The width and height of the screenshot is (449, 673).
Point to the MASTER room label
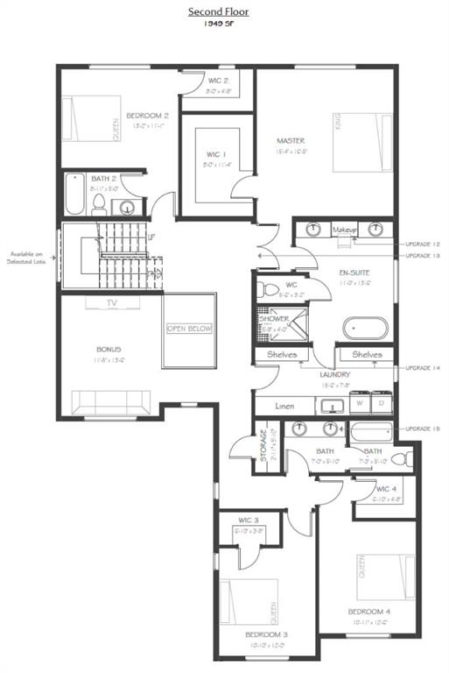[x=290, y=140]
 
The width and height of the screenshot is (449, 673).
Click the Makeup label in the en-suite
[x=345, y=230]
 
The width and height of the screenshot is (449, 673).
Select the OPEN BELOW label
[x=190, y=329]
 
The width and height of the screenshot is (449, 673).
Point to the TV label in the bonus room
[x=111, y=303]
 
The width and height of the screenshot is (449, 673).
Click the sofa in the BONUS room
[x=111, y=402]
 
